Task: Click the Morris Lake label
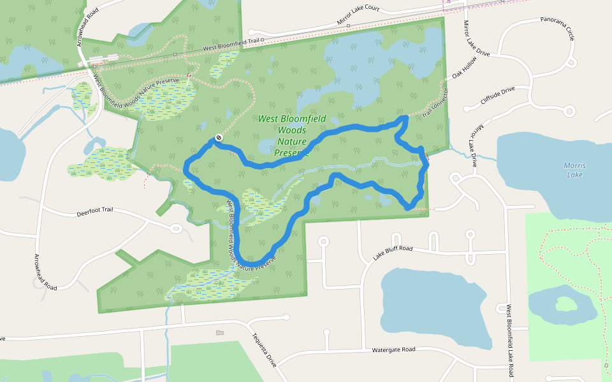click(574, 170)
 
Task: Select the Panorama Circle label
click(557, 29)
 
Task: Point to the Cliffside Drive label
click(498, 97)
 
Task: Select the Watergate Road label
click(393, 350)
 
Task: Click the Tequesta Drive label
click(263, 350)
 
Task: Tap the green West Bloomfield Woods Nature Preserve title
click(292, 136)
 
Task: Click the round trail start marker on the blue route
click(219, 137)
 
